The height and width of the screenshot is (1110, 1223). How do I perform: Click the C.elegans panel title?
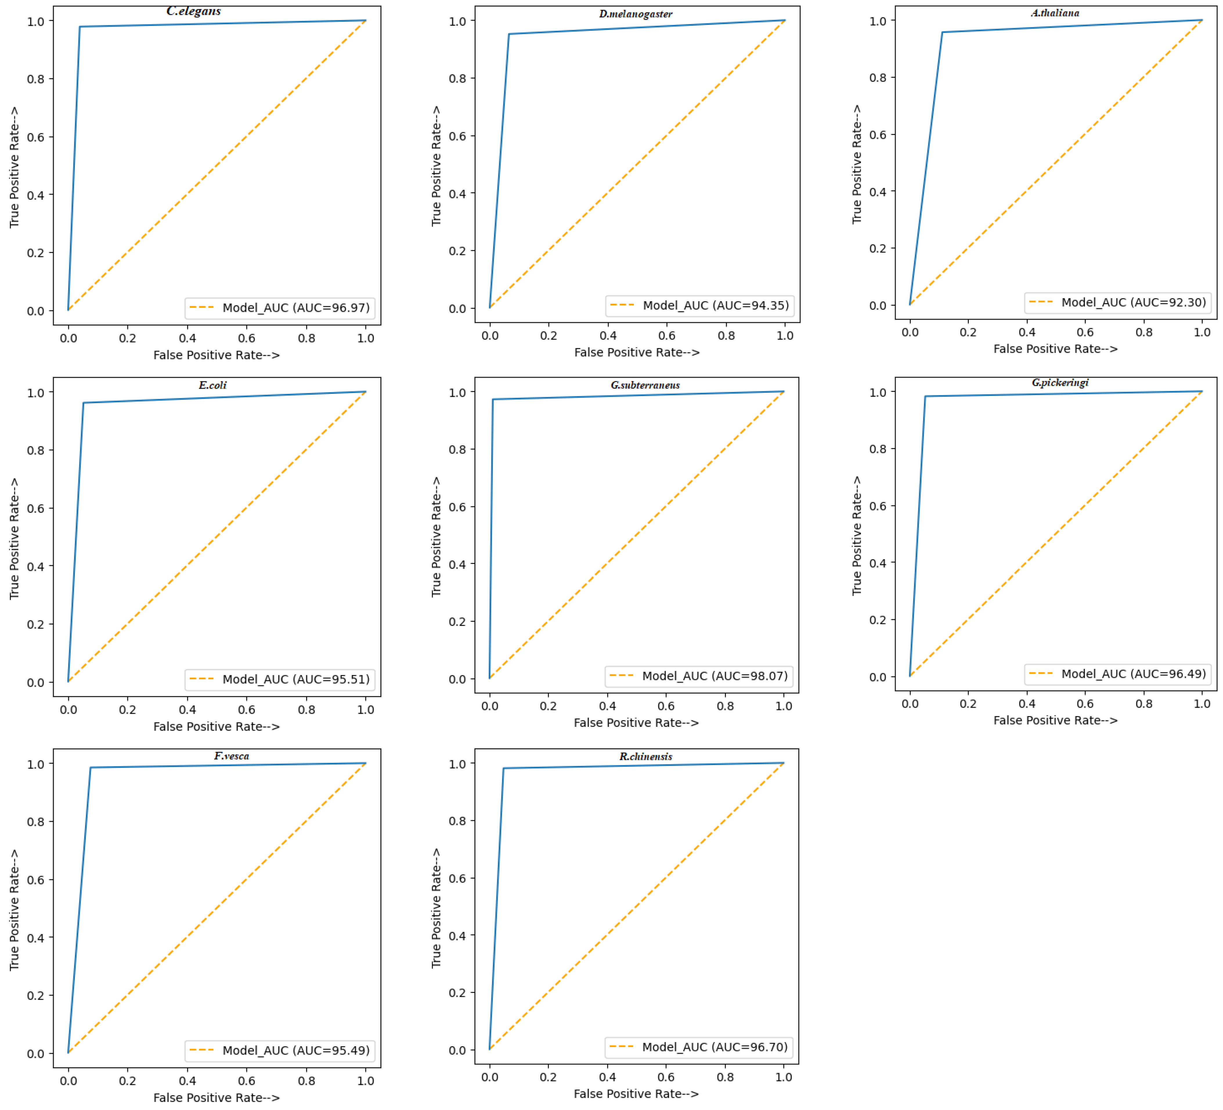coord(194,11)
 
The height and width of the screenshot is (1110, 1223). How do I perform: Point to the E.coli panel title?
coord(212,385)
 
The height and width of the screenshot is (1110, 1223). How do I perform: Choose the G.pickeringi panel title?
coord(1060,383)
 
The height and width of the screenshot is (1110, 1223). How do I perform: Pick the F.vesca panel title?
coord(231,756)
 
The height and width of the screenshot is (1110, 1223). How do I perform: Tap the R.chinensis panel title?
coord(645,756)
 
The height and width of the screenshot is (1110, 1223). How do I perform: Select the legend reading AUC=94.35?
coord(699,305)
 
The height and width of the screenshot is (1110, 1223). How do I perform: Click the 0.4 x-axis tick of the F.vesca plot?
coord(187,1081)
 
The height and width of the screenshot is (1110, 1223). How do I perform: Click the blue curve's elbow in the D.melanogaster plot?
coord(509,34)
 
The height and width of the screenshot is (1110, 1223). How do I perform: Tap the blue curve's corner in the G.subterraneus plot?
coord(493,399)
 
